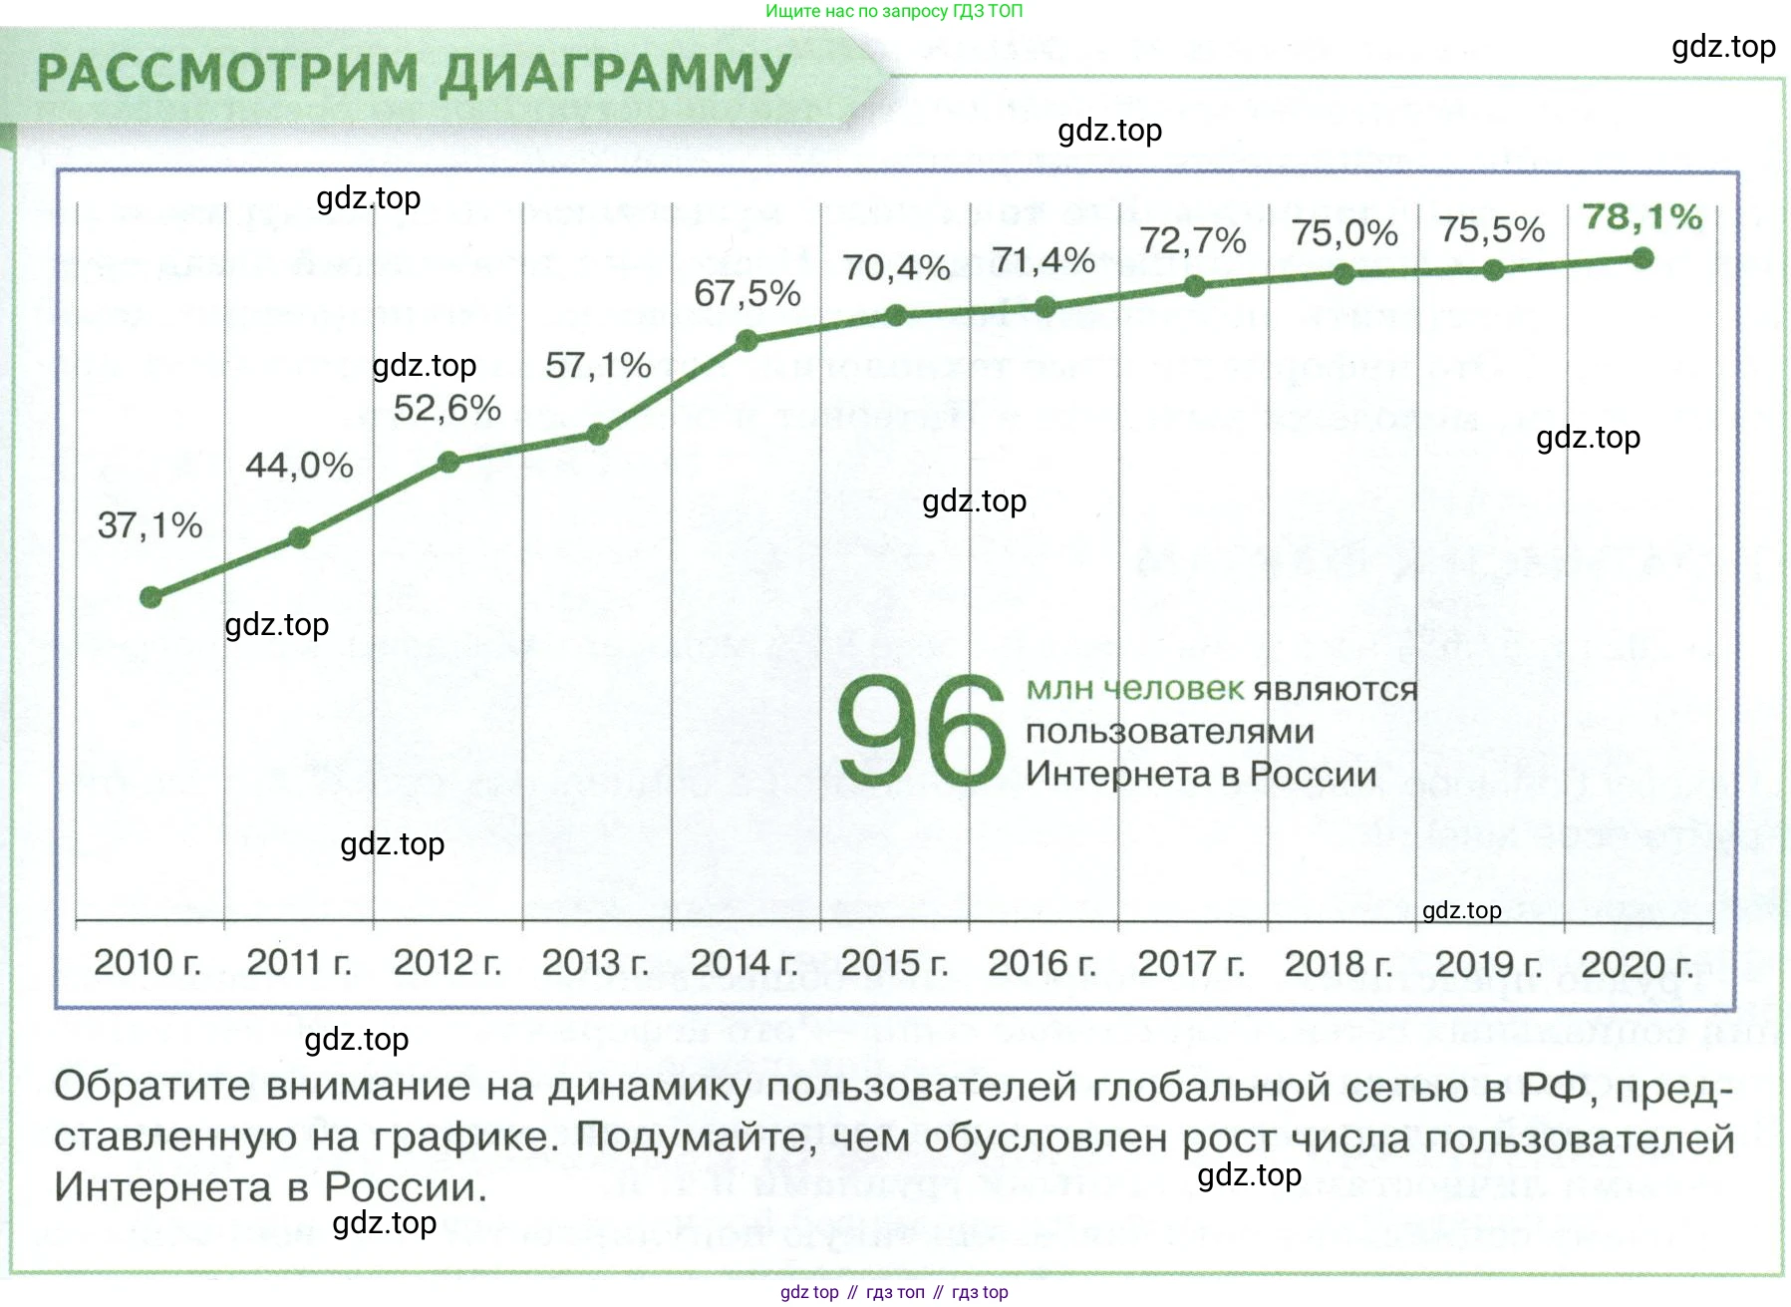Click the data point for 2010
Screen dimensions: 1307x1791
pyautogui.click(x=150, y=597)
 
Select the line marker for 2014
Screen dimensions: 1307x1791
pyautogui.click(x=746, y=341)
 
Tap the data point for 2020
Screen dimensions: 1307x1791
pyautogui.click(x=1642, y=258)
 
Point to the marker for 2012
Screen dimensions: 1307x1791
pyautogui.click(x=448, y=462)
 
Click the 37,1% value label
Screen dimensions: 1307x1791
pyautogui.click(x=149, y=525)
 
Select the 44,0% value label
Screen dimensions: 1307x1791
pyautogui.click(x=299, y=466)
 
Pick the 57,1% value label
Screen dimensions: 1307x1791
pyautogui.click(x=598, y=366)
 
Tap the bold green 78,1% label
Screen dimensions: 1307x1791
pyautogui.click(x=1642, y=217)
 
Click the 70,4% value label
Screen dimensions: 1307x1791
pyautogui.click(x=895, y=268)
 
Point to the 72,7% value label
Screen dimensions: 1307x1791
pyautogui.click(x=1192, y=241)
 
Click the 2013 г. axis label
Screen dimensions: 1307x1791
pyautogui.click(x=595, y=963)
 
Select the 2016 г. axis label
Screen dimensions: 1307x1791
pyautogui.click(x=1042, y=963)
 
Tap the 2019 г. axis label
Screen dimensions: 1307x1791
pyautogui.click(x=1488, y=964)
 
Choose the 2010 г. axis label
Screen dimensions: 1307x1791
pyautogui.click(x=148, y=963)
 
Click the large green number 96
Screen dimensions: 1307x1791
pyautogui.click(x=921, y=731)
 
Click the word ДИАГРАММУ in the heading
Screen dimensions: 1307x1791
pyautogui.click(x=615, y=74)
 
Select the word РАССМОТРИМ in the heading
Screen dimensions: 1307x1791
pyautogui.click(x=227, y=74)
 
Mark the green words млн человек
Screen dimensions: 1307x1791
pyautogui.click(x=1134, y=688)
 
